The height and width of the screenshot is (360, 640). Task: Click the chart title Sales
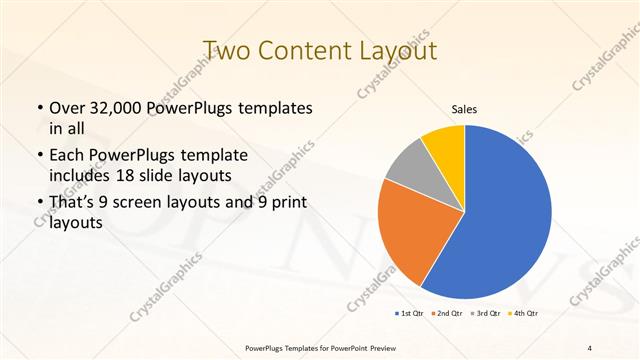click(464, 109)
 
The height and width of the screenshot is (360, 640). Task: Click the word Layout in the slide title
click(397, 49)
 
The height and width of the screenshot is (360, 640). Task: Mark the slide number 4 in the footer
click(590, 347)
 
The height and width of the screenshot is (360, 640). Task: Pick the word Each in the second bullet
click(67, 156)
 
